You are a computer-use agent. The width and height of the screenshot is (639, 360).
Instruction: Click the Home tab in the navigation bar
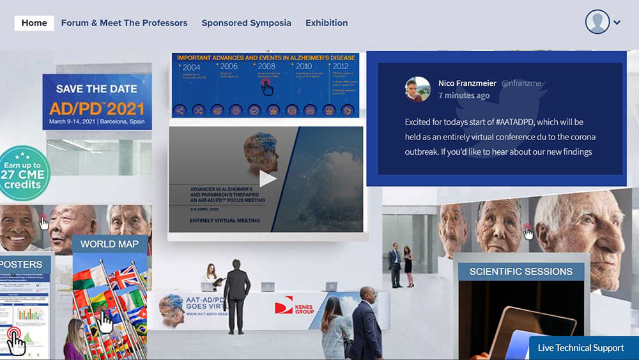click(x=35, y=23)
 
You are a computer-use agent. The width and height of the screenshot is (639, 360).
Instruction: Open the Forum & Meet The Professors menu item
click(x=124, y=23)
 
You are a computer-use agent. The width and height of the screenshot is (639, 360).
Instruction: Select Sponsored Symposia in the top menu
click(x=246, y=23)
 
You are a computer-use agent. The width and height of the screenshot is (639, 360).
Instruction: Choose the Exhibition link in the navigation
click(x=327, y=23)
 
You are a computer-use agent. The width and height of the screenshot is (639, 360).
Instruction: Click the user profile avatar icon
click(x=598, y=22)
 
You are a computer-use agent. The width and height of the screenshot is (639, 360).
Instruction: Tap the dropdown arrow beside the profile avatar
click(x=617, y=23)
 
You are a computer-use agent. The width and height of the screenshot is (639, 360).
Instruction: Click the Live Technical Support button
click(x=580, y=348)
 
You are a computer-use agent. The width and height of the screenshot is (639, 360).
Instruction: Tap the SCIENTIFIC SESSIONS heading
click(x=521, y=272)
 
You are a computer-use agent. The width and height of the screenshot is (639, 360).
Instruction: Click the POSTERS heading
click(x=22, y=264)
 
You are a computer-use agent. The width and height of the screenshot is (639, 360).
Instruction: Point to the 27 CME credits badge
click(x=25, y=174)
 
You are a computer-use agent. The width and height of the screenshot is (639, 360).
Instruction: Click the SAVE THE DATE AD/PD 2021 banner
click(x=97, y=102)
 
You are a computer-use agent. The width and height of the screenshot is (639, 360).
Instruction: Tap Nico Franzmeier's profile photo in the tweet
click(x=418, y=90)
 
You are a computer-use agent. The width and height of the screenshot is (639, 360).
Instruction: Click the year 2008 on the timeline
click(x=266, y=66)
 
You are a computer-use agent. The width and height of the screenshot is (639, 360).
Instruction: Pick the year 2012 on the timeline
click(x=340, y=66)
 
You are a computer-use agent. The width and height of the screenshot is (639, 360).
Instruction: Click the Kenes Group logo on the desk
click(x=296, y=306)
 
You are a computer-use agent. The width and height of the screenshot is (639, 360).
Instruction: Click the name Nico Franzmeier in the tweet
click(x=467, y=83)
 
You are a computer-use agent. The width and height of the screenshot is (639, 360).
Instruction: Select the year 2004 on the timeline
click(x=191, y=67)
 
